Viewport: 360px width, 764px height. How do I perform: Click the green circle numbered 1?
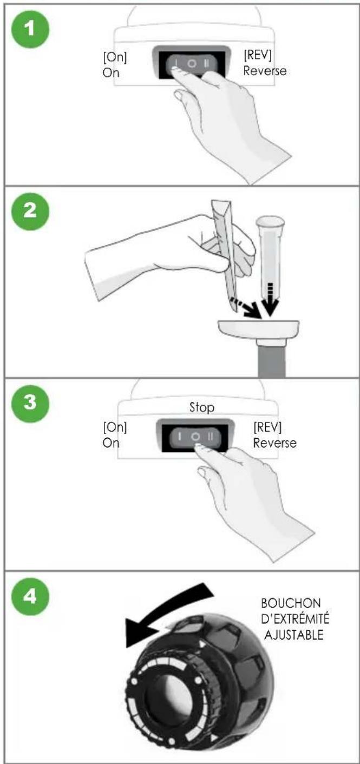point(30,29)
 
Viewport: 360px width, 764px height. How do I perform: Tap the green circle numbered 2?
point(30,212)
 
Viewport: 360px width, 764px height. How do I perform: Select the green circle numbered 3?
point(30,403)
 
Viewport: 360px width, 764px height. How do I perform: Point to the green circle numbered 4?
point(30,596)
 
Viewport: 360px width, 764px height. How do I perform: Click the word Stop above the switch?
point(202,407)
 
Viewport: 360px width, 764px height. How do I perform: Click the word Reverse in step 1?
point(265,71)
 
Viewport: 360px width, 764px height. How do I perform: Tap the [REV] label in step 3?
point(267,427)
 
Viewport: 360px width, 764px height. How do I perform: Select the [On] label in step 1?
point(115,57)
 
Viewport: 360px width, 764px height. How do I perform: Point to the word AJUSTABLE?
point(294,635)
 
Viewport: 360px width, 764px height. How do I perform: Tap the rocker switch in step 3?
point(195,437)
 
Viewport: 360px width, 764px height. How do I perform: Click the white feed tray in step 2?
point(259,329)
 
